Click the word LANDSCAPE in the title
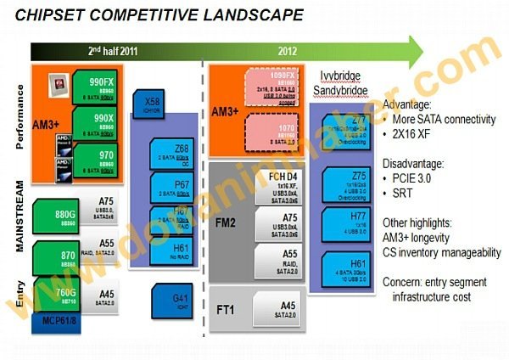pos(245,14)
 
